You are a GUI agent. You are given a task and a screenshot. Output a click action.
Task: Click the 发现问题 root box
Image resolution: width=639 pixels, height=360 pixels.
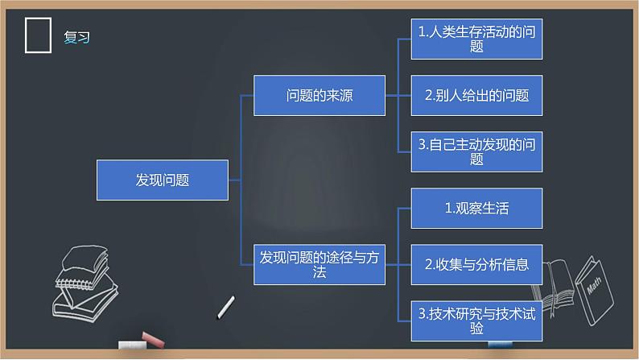[163, 180]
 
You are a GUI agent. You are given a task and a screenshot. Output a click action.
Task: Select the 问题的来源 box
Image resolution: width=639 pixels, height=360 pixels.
[319, 95]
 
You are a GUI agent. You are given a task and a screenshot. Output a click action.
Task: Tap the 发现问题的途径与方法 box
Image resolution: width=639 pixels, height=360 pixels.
[319, 265]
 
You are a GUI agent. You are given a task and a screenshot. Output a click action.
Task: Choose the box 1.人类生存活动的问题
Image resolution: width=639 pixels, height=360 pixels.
[476, 39]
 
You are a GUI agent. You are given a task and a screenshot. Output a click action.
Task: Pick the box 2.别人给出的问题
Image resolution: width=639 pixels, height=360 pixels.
[476, 95]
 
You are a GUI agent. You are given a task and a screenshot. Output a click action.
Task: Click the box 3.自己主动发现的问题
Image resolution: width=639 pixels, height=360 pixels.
[476, 151]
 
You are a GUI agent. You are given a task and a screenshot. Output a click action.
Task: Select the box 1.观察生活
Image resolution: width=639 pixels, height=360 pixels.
[476, 209]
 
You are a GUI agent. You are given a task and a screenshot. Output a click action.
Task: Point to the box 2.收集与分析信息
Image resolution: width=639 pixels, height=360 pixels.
[476, 265]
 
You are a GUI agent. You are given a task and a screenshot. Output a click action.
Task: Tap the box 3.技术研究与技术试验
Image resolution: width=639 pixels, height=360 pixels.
[476, 321]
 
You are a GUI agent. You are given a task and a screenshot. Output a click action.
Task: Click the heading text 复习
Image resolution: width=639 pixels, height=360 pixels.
[76, 37]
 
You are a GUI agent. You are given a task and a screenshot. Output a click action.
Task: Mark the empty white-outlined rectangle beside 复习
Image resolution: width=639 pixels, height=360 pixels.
[25, 35]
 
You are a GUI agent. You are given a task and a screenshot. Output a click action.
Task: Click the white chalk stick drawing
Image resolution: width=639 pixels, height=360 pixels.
[226, 307]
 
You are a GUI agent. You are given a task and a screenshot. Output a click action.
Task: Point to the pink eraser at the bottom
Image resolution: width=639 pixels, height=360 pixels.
[153, 340]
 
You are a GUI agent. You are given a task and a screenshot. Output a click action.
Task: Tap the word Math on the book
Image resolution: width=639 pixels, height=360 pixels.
[594, 285]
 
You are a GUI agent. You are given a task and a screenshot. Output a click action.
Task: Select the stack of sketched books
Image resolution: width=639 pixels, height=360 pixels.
[85, 283]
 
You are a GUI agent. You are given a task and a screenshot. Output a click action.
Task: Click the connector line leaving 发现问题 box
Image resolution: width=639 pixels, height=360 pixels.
[235, 180]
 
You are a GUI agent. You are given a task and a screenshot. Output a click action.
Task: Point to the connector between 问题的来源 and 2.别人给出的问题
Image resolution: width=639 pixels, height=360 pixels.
[398, 95]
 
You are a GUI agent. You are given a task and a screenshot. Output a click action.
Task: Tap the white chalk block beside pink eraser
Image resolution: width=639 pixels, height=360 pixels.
[132, 345]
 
